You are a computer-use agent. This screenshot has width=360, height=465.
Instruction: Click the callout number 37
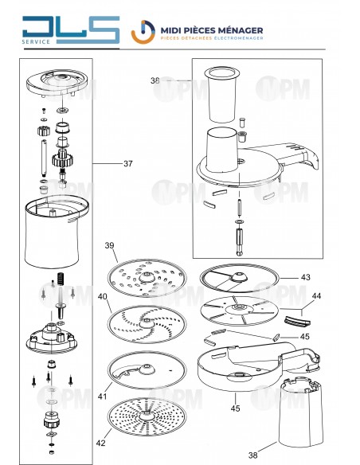click(x=127, y=163)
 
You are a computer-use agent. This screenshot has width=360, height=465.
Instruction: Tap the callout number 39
click(x=109, y=245)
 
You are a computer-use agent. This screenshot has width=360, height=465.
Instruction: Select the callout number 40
click(x=102, y=296)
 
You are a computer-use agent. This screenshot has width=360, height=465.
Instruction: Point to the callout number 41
click(x=102, y=397)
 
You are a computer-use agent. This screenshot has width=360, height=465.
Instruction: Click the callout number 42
click(x=101, y=443)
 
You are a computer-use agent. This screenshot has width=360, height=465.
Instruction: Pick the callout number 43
click(x=305, y=277)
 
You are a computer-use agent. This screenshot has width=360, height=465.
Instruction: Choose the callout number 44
click(x=316, y=296)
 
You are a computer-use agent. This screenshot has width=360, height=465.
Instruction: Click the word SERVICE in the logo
click(x=36, y=42)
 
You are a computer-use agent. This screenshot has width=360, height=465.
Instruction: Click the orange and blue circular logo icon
click(x=143, y=32)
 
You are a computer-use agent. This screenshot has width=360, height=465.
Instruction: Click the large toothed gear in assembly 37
click(x=63, y=160)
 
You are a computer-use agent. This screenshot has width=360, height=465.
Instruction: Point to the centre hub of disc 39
click(x=147, y=277)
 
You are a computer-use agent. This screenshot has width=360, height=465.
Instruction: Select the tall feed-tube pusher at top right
click(x=222, y=95)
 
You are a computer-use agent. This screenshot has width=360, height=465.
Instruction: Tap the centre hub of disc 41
click(x=147, y=369)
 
